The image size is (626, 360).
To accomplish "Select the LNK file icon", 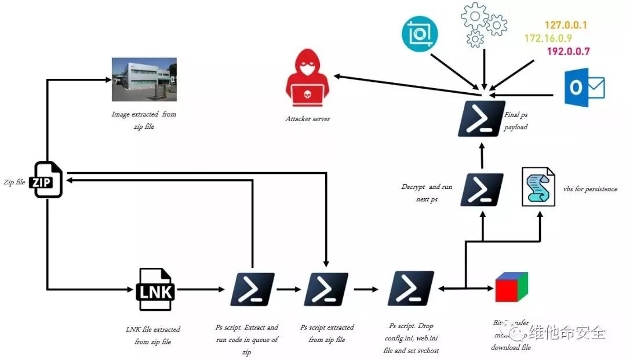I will coord(155,289).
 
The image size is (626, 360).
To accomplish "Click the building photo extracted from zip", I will coord(144,79).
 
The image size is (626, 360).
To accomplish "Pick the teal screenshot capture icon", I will coord(420,34).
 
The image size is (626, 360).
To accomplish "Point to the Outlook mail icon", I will coord(584,88).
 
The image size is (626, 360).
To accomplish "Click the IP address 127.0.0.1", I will coord(566,26).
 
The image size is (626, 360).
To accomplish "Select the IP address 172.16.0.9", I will coord(548,38).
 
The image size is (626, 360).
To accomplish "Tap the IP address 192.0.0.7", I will coord(568,51).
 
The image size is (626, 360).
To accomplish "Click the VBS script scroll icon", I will coord(538,187).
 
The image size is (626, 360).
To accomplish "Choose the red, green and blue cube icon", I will coord(511,287).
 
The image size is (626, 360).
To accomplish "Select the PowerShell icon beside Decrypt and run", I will coord(482,190).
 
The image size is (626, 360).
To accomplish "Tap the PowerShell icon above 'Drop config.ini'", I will coord(411,289).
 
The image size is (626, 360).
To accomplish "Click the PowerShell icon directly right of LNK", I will coord(252,289).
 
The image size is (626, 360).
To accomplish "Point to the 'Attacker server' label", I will coord(307,119).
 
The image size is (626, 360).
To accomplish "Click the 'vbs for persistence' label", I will coord(589,189).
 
